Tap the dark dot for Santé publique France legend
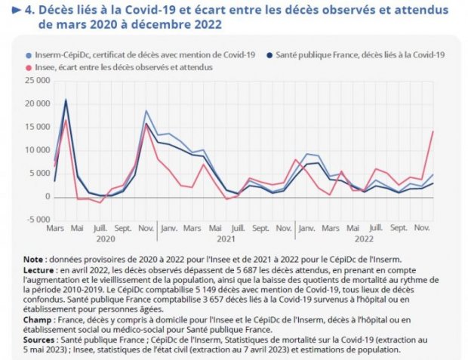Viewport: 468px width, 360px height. (x=269, y=55)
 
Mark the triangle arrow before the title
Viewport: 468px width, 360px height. (x=16, y=11)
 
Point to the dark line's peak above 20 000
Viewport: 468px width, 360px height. (x=66, y=100)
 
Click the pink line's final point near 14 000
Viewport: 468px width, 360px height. (x=433, y=131)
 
